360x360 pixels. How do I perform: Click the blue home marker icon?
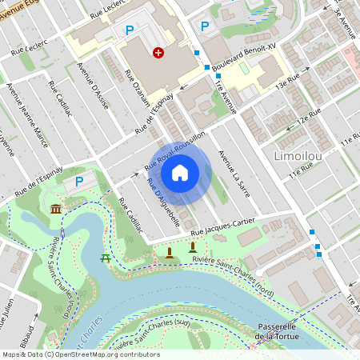(179, 171)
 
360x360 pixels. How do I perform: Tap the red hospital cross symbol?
(158, 53)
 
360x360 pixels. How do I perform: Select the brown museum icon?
(56, 209)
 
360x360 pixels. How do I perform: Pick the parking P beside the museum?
(79, 182)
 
